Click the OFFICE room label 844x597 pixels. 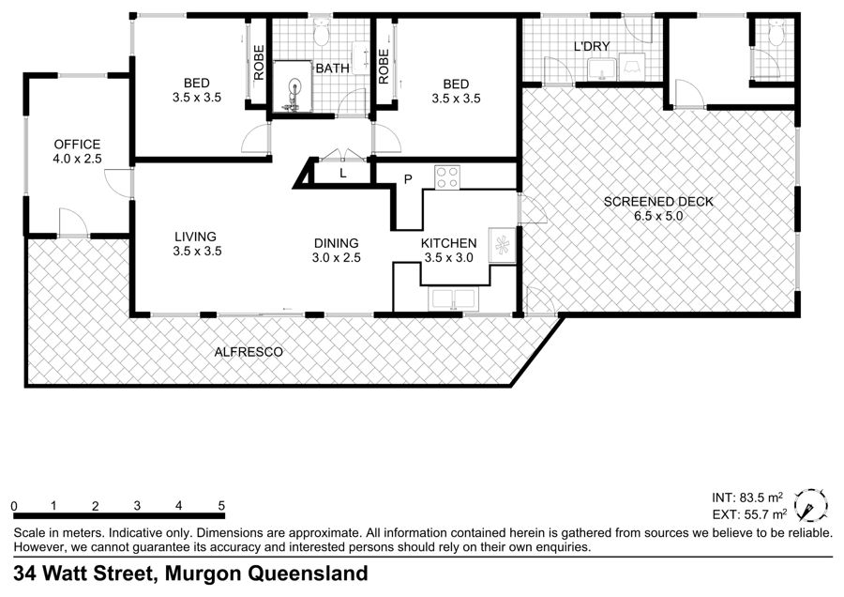77,145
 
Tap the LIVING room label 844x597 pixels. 195,237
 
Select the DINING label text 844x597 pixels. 337,243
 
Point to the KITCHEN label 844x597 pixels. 449,243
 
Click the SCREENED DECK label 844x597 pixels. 658,202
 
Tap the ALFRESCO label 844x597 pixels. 249,352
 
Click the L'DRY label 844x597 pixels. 592,46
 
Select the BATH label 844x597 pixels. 332,69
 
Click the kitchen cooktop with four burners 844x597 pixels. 447,177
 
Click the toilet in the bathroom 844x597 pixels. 322,32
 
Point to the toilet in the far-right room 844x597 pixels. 776,34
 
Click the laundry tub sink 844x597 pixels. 600,69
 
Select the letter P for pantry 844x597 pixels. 408,179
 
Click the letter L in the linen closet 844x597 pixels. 342,174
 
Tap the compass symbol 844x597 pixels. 810,505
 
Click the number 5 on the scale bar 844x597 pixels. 221,505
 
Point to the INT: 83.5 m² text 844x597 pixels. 747,497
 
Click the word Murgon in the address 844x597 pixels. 203,573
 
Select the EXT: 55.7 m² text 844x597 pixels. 749,514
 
